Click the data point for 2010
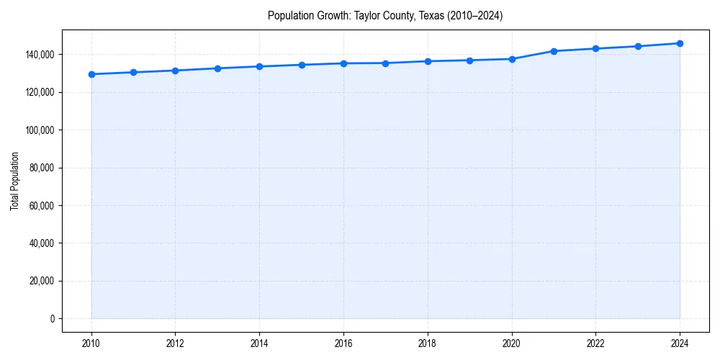[91, 74]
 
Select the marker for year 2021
[554, 51]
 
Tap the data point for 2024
[680, 43]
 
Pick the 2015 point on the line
[302, 65]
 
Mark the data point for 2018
[428, 61]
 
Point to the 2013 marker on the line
[217, 68]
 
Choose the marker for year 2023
[638, 46]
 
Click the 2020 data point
[512, 59]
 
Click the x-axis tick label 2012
[176, 343]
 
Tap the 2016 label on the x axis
[343, 343]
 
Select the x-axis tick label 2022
[595, 343]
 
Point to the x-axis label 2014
[259, 343]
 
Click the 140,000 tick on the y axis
[40, 55]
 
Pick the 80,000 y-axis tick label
[42, 168]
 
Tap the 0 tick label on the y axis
[52, 318]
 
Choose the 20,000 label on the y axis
[42, 281]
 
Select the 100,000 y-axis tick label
[40, 130]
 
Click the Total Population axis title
[14, 181]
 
